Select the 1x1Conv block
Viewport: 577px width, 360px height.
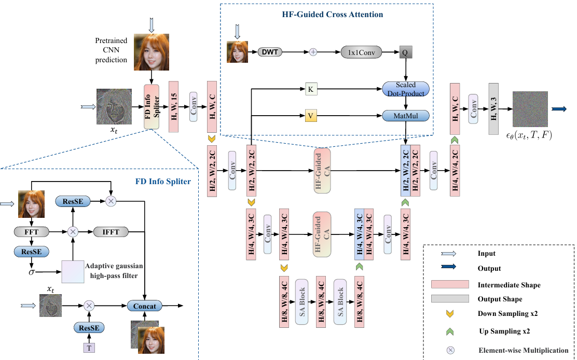point(361,52)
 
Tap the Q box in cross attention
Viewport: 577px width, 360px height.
point(405,52)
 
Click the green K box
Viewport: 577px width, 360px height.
point(310,89)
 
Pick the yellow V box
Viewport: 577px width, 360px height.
point(310,116)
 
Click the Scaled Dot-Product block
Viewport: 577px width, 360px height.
point(406,89)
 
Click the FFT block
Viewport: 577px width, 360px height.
point(32,232)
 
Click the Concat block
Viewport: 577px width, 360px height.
point(145,306)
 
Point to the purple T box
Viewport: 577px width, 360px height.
point(90,347)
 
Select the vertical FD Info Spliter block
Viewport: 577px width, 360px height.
point(152,107)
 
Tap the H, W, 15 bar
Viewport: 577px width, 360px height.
point(173,107)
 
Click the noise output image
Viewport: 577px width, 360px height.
point(530,109)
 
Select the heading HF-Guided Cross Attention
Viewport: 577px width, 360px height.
point(326,15)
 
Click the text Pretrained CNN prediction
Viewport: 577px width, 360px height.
point(111,50)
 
